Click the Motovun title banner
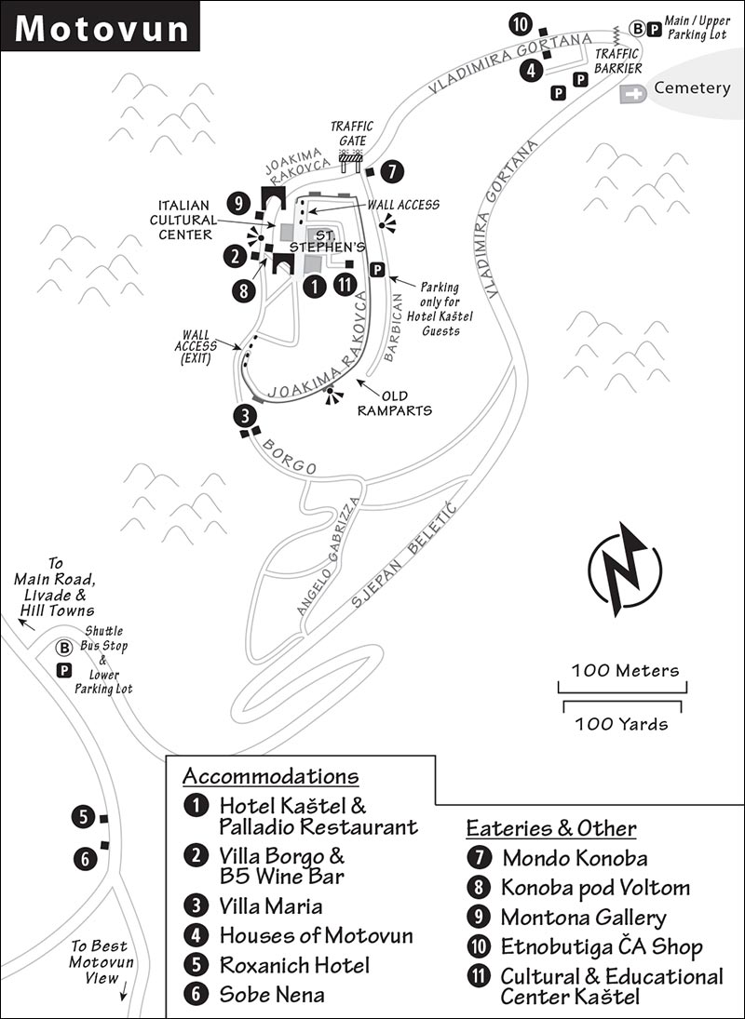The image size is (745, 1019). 101,26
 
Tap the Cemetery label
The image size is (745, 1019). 692,87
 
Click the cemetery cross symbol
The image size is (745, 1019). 632,94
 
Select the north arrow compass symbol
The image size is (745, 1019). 625,570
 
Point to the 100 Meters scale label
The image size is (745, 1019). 625,671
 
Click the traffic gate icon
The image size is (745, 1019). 350,161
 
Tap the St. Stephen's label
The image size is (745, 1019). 327,241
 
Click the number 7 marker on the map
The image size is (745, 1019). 392,172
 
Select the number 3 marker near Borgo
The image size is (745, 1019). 245,416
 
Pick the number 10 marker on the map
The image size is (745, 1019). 520,25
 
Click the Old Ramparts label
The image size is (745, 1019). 395,403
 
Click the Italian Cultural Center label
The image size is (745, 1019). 184,220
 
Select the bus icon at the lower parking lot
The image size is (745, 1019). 63,648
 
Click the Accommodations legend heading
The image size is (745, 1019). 270,776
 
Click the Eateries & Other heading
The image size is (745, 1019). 551,828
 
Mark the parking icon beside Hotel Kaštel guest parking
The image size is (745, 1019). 377,270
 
